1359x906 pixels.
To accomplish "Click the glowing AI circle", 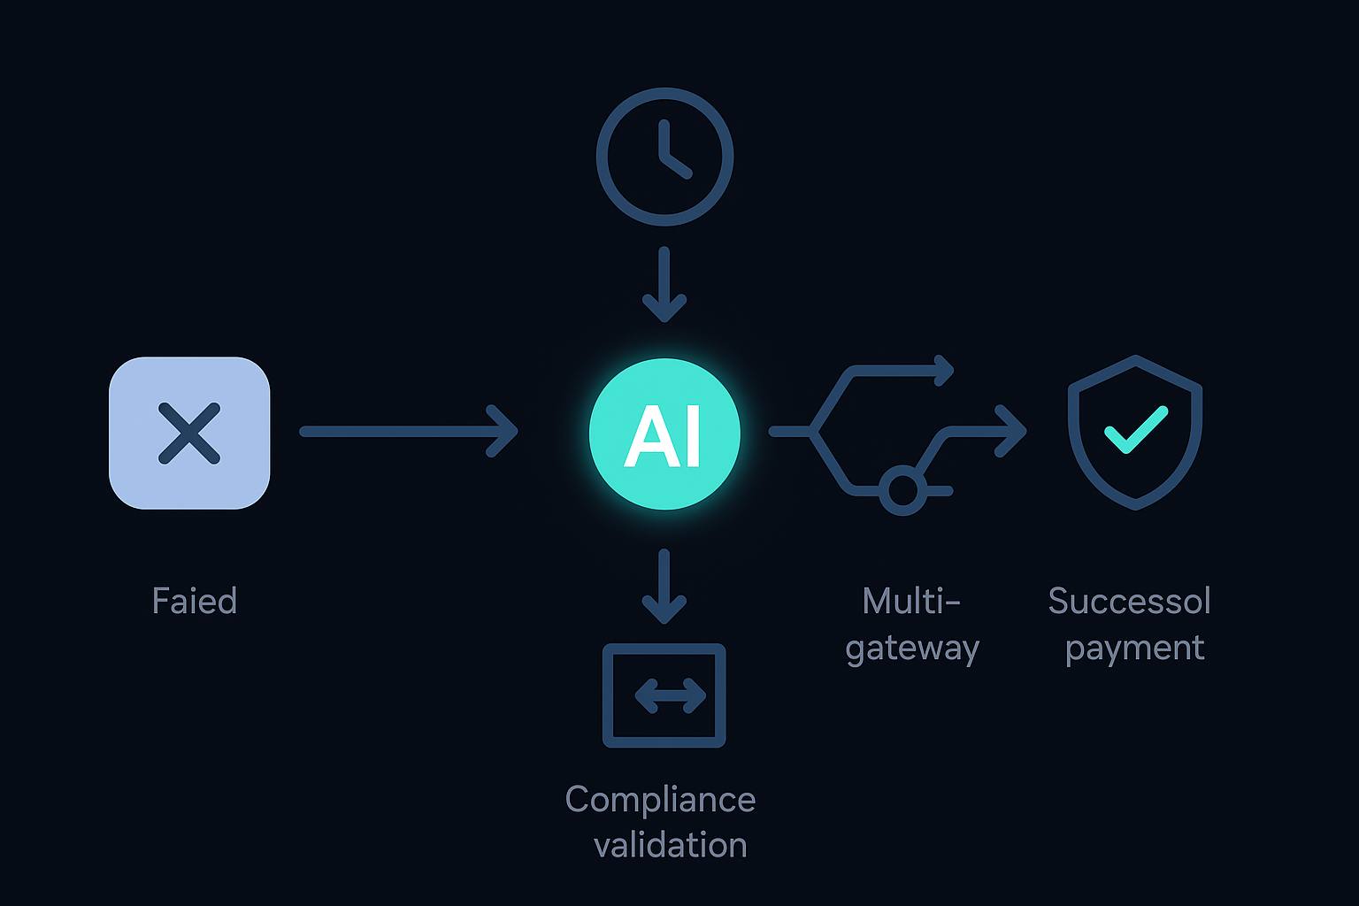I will coord(664,434).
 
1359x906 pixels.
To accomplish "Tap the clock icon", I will coord(664,157).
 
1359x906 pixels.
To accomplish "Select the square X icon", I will coord(189,433).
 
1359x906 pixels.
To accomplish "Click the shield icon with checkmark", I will coord(1134,432).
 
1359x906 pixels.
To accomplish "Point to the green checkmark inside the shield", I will coord(1135,429).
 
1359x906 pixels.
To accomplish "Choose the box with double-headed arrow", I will coord(664,695).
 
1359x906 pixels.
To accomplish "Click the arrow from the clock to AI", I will coord(664,285).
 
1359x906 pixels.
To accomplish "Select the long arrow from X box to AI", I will coord(409,432).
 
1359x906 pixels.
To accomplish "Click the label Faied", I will coord(195,602).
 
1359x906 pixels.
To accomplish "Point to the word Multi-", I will coord(911,602).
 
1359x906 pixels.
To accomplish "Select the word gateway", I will coord(912,649).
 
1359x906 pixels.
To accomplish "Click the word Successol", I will coord(1129,602).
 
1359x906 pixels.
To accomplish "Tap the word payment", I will coord(1134,649).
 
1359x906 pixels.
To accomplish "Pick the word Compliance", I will coord(660,800).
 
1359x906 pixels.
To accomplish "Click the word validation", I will coord(671,846).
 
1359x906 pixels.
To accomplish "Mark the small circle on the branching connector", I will coord(902,490).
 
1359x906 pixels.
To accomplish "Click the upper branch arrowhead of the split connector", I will coord(944,371).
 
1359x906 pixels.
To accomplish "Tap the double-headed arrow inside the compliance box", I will coord(670,696).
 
